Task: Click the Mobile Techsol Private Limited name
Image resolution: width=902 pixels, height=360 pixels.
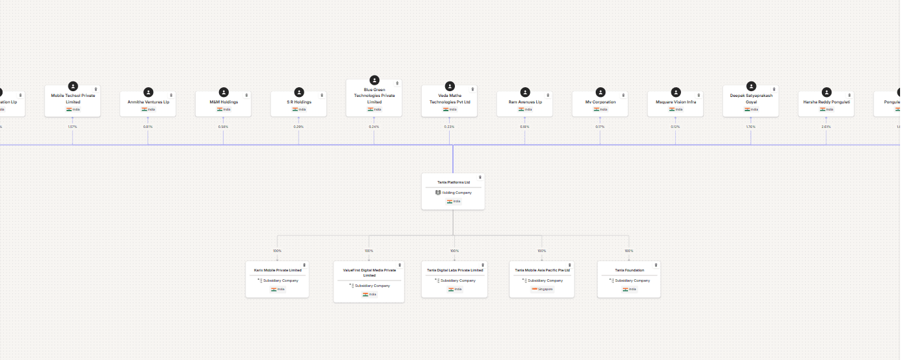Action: pos(73,98)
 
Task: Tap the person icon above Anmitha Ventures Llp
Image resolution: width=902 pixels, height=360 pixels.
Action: pos(149,92)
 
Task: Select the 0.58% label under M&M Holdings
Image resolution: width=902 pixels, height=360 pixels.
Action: pos(223,127)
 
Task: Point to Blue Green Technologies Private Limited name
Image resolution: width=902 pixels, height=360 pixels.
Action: pos(374,96)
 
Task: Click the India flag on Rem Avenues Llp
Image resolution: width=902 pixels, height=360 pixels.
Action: pos(521,109)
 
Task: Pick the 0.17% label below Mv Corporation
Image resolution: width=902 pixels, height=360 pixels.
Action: pos(600,127)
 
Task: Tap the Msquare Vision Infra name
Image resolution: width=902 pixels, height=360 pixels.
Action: pos(675,102)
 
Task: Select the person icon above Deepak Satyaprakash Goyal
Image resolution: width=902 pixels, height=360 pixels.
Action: pos(751,86)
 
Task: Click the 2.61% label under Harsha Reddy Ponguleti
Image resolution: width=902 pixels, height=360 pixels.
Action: pos(826,127)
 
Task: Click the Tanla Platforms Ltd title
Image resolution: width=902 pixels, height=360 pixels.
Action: pos(453,182)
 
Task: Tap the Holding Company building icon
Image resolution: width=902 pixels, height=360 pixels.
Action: pos(437,193)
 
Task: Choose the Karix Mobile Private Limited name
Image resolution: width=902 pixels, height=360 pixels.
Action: pos(277,270)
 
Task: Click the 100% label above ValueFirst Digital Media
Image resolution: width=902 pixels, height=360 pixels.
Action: pos(369,251)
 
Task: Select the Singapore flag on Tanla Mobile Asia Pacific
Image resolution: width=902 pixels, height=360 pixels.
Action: pos(534,290)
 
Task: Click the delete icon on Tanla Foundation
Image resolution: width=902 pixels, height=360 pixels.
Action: pos(656,265)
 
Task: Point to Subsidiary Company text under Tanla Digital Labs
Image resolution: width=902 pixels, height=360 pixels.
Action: pos(457,281)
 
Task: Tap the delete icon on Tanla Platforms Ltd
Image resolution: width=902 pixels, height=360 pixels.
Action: pos(480,177)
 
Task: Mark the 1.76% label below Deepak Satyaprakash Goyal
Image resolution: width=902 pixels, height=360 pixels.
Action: pos(751,127)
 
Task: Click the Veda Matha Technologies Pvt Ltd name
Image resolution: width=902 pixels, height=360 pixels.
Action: pos(450,98)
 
